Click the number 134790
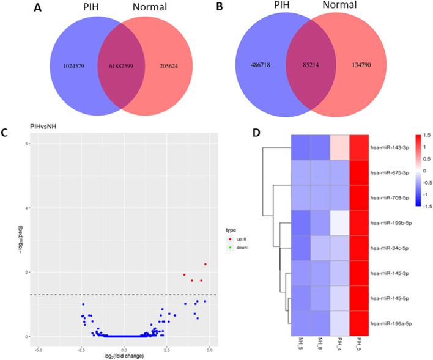364,62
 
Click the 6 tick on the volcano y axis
29,143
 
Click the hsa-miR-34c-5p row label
391,249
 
